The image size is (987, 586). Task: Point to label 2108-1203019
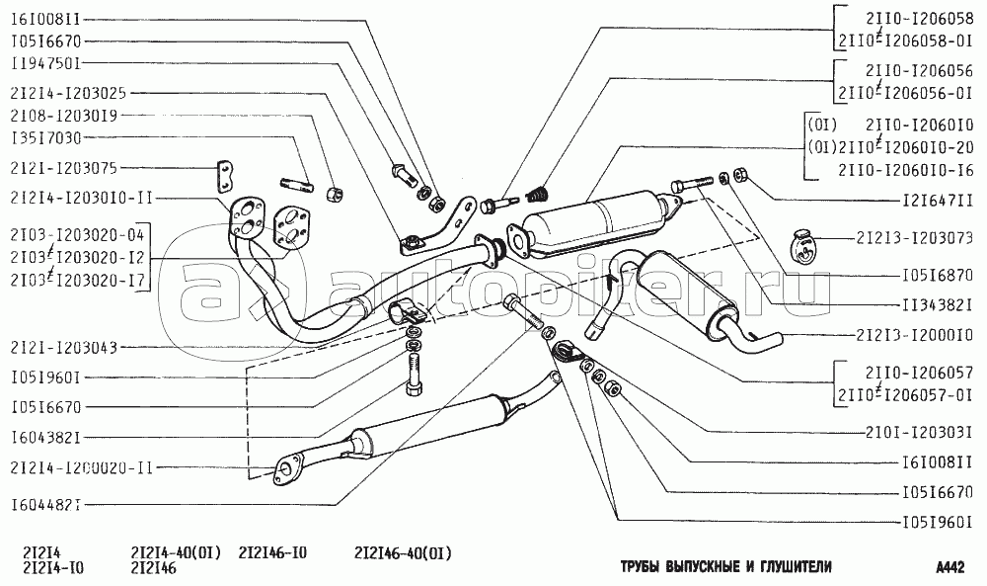[x=62, y=116]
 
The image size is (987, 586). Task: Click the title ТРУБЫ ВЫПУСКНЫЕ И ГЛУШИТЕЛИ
[x=726, y=567]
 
